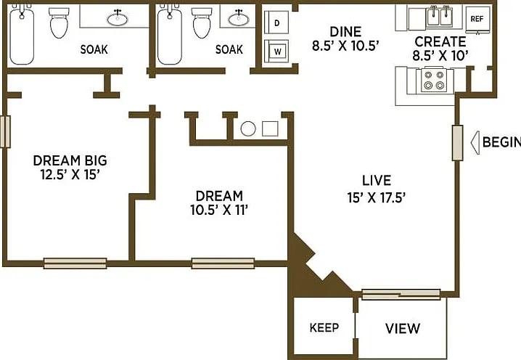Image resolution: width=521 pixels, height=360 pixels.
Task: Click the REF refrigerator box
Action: [477, 20]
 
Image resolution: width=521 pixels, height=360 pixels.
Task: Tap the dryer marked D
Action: [276, 22]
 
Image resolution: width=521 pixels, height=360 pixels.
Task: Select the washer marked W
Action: [276, 52]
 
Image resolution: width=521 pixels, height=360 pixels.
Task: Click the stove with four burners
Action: [434, 80]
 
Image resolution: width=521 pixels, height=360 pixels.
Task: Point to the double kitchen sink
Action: [439, 16]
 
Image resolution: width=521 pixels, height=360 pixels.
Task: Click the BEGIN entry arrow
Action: [475, 142]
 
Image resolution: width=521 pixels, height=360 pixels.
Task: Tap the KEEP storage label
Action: [324, 328]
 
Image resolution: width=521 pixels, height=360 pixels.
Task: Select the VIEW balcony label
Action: [403, 328]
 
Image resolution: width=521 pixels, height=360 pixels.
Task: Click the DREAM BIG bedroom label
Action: [70, 160]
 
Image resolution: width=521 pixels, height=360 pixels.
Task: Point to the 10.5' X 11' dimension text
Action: [219, 210]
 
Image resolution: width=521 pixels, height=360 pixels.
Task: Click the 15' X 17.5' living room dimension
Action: [376, 198]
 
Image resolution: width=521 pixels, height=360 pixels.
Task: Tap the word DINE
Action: [345, 32]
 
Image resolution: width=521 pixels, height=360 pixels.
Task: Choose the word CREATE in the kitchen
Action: [440, 42]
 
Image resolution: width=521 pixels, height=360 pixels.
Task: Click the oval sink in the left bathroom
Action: [118, 19]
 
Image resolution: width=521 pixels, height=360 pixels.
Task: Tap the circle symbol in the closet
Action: [248, 129]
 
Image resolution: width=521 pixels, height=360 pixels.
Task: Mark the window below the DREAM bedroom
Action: [223, 263]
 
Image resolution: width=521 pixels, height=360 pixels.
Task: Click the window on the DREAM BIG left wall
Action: [5, 131]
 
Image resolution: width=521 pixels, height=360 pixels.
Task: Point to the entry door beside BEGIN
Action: [458, 143]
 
